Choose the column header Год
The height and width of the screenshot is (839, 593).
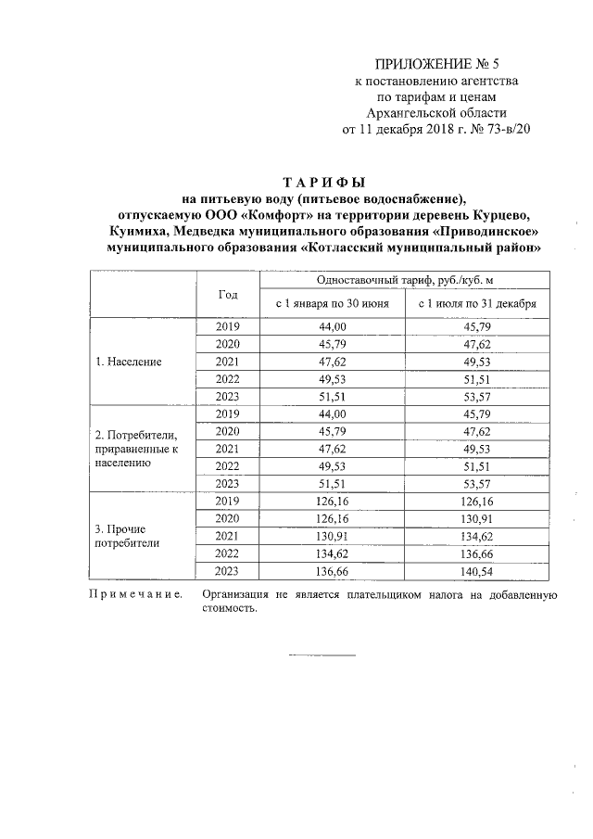(x=228, y=294)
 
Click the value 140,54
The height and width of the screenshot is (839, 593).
(x=476, y=571)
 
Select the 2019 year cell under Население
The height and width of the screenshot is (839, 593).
(x=228, y=326)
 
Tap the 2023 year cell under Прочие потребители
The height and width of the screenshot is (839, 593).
(x=228, y=571)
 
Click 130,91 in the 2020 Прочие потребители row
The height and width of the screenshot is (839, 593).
(x=476, y=518)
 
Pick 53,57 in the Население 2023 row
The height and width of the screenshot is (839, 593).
(x=476, y=397)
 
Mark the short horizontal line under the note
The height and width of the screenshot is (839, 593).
(x=322, y=656)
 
